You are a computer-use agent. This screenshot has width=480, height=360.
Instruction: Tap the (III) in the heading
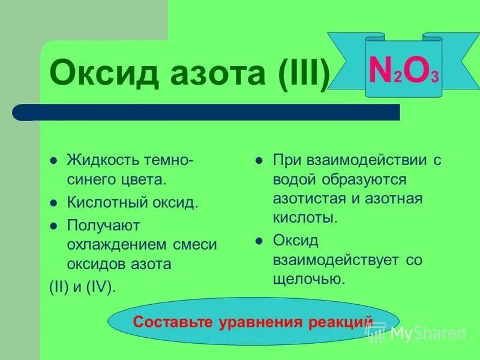[x=304, y=74]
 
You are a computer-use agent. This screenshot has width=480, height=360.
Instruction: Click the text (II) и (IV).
[x=81, y=286]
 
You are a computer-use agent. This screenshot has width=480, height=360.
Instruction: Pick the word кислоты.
[x=305, y=218]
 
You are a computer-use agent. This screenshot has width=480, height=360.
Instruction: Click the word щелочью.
[x=308, y=279]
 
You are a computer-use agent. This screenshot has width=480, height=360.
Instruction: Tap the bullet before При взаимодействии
[x=259, y=161]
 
